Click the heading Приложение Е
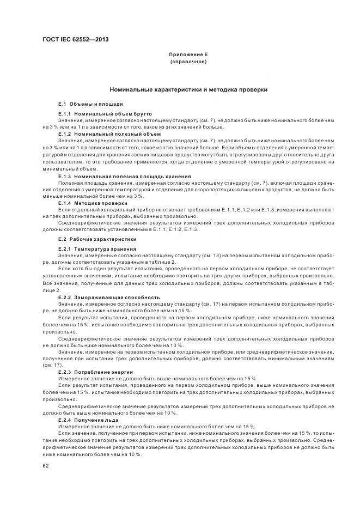(x=188, y=55)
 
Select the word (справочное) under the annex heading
(x=188, y=62)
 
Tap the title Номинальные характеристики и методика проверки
(x=188, y=89)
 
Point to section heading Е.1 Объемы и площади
(x=90, y=103)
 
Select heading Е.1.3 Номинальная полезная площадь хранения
(x=124, y=176)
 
